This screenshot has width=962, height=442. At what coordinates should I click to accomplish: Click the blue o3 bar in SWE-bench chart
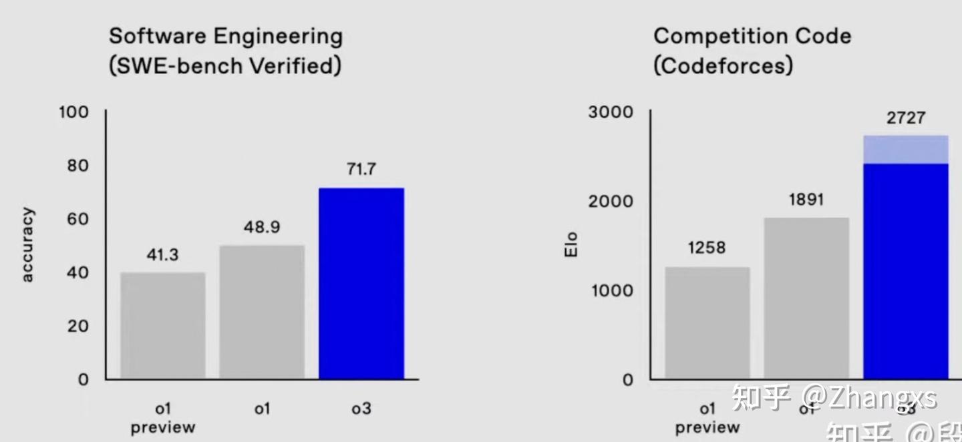click(361, 284)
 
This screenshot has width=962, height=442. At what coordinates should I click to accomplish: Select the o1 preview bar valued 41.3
click(162, 326)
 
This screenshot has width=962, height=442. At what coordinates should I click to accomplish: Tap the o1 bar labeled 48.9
click(262, 312)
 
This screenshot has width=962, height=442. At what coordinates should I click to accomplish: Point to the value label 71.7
click(361, 170)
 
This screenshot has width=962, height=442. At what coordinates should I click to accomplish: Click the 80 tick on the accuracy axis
click(77, 166)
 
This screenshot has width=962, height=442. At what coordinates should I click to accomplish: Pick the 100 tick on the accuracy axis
click(73, 112)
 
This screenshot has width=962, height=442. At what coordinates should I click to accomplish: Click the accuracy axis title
click(27, 245)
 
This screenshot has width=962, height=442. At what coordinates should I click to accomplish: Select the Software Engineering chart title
click(225, 51)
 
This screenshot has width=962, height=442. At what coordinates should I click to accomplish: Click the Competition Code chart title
click(752, 51)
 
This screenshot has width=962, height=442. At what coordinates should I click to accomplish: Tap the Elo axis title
click(571, 245)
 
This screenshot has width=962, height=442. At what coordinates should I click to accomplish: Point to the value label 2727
click(905, 118)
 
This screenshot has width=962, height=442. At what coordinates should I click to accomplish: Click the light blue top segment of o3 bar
click(905, 150)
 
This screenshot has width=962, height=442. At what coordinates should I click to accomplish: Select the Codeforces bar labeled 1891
click(806, 298)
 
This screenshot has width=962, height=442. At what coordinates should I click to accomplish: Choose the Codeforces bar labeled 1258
click(707, 323)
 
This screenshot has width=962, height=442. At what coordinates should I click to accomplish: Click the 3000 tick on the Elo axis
click(610, 112)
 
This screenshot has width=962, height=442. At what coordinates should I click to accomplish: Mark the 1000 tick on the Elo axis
click(610, 290)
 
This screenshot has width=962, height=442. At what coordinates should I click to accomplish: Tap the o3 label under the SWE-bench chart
click(361, 408)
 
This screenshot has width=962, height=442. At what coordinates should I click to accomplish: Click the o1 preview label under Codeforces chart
click(707, 417)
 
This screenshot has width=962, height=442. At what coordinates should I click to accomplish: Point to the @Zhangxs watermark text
click(868, 398)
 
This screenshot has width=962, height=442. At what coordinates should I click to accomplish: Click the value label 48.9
click(262, 227)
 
